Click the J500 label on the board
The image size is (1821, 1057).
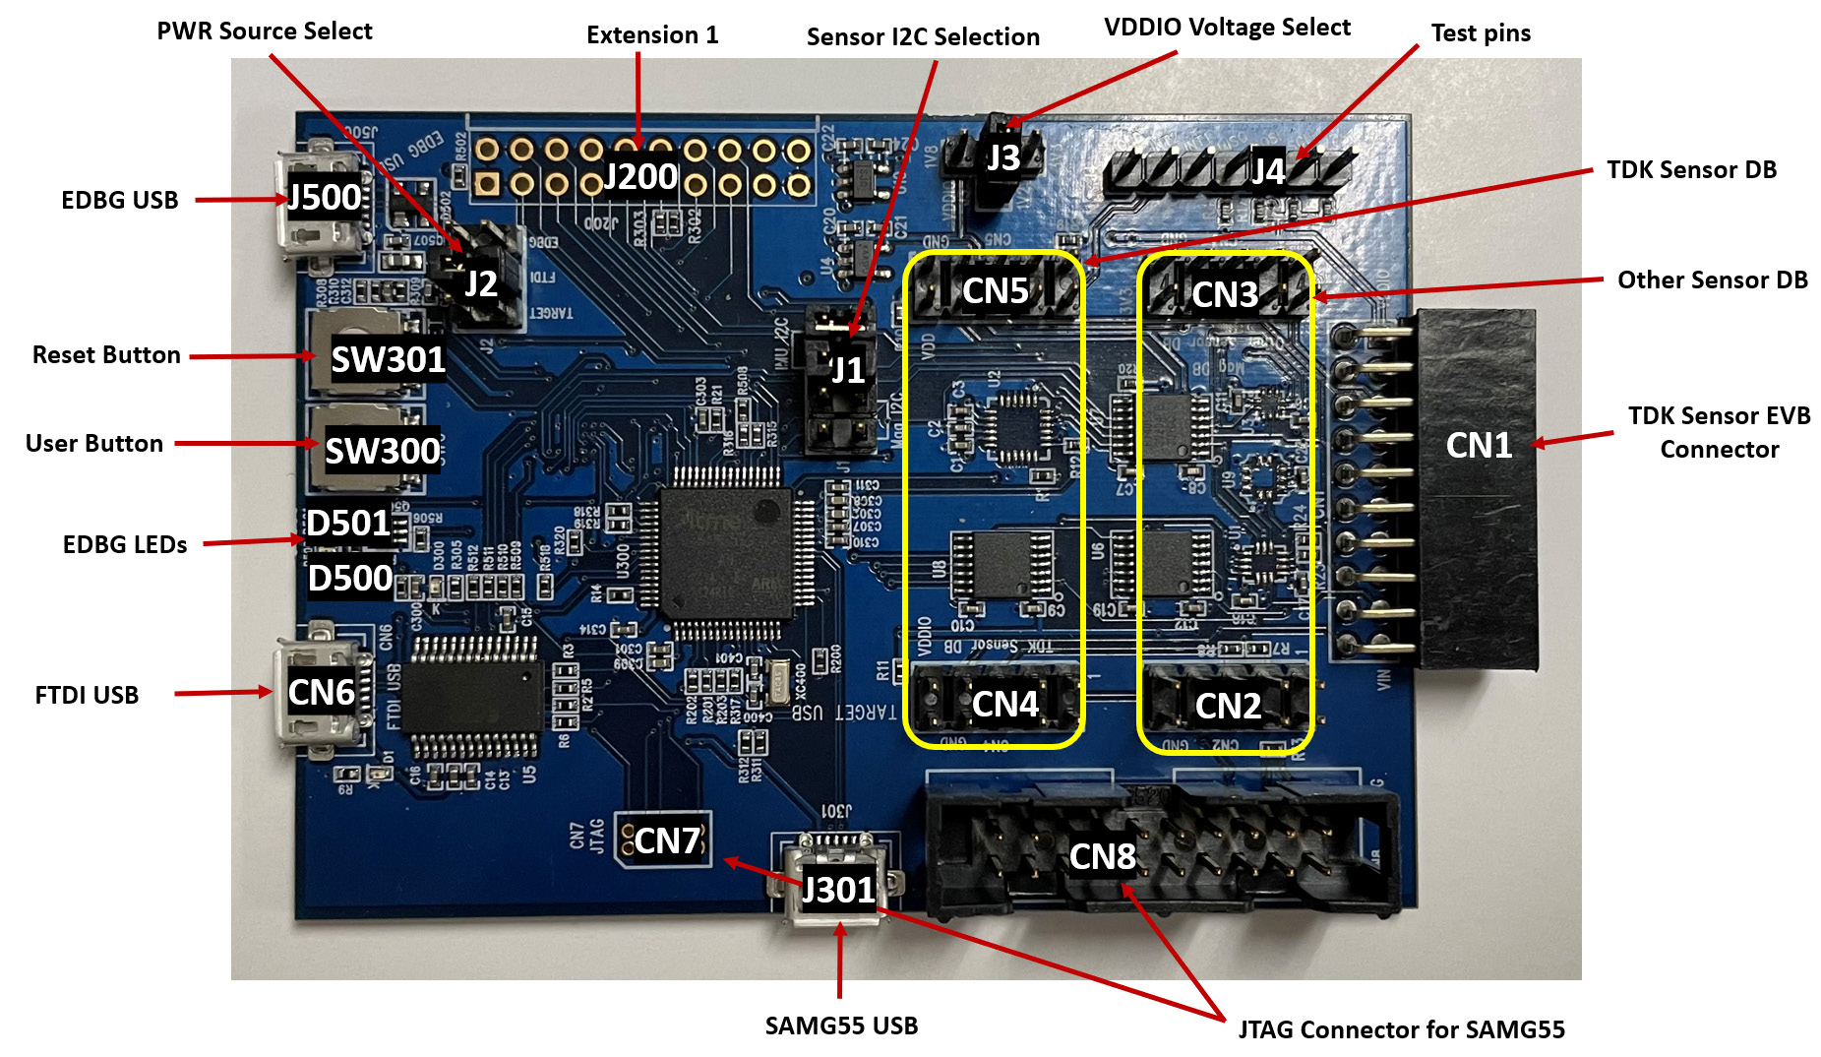click(x=324, y=198)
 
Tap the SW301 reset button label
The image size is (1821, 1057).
click(x=388, y=360)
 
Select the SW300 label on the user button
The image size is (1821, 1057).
click(x=382, y=451)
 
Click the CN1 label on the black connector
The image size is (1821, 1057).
click(x=1478, y=446)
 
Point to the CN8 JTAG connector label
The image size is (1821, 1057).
click(x=1102, y=857)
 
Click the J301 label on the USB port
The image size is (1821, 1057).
click(x=838, y=890)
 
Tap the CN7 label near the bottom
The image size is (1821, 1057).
click(x=667, y=841)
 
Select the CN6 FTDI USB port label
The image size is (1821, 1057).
click(x=321, y=693)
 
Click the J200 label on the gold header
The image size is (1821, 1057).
click(x=639, y=177)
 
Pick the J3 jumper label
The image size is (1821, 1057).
click(x=1002, y=158)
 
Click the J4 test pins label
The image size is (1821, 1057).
click(x=1267, y=172)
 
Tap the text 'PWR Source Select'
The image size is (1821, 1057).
click(x=265, y=31)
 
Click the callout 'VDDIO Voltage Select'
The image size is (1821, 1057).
click(x=1227, y=28)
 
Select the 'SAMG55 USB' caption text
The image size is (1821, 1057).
click(x=841, y=1026)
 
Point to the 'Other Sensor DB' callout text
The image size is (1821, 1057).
click(x=1712, y=280)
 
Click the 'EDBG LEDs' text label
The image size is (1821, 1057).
click(x=125, y=545)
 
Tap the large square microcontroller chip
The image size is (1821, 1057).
click(x=726, y=552)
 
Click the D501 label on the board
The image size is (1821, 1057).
click(x=348, y=524)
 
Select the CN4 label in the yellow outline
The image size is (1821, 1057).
click(x=1004, y=705)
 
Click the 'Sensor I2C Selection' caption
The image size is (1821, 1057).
click(x=923, y=37)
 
